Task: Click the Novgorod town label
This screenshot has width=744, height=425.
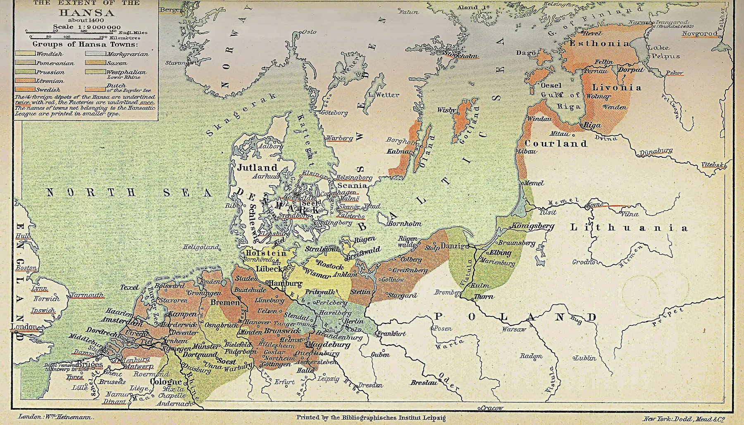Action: [700, 33]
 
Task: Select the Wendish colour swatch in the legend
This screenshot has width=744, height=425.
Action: [25, 54]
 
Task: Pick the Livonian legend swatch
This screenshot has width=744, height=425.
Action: [25, 81]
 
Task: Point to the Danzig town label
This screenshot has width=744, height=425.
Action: [450, 246]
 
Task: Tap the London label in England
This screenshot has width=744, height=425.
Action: [24, 327]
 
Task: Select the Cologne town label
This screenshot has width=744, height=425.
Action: [166, 382]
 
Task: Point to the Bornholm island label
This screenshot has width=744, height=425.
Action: [404, 223]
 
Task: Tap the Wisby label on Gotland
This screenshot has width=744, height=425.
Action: [446, 110]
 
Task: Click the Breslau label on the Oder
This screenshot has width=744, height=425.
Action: [424, 383]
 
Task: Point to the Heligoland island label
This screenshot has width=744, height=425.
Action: [201, 247]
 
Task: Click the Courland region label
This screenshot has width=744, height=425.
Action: [556, 144]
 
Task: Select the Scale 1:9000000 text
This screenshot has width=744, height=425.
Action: [87, 27]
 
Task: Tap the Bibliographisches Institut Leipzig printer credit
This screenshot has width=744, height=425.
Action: [371, 418]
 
